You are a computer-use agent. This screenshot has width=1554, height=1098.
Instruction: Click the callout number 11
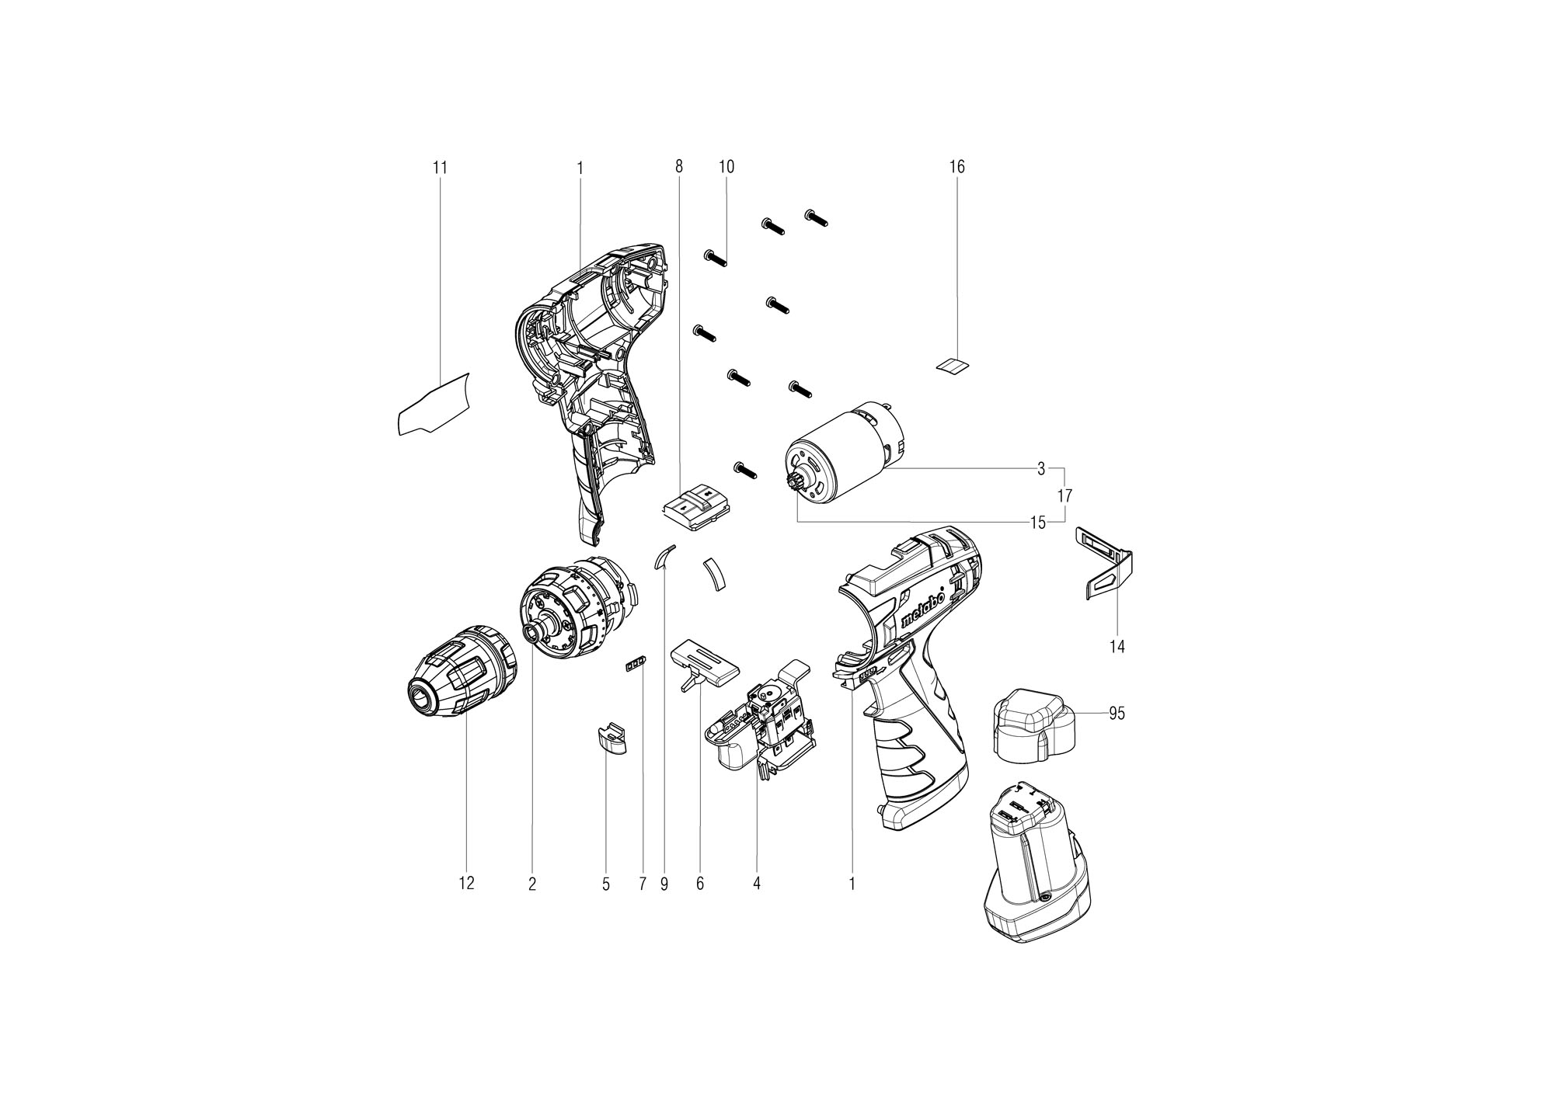[x=441, y=167]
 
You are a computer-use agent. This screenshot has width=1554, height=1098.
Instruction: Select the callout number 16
[x=956, y=167]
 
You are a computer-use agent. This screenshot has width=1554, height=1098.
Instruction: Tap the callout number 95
[x=1117, y=713]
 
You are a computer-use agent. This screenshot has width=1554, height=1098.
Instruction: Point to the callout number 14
[x=1117, y=646]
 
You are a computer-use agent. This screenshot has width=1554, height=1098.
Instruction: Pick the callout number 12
[x=466, y=883]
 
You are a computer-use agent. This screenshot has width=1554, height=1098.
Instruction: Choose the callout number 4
[x=757, y=883]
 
